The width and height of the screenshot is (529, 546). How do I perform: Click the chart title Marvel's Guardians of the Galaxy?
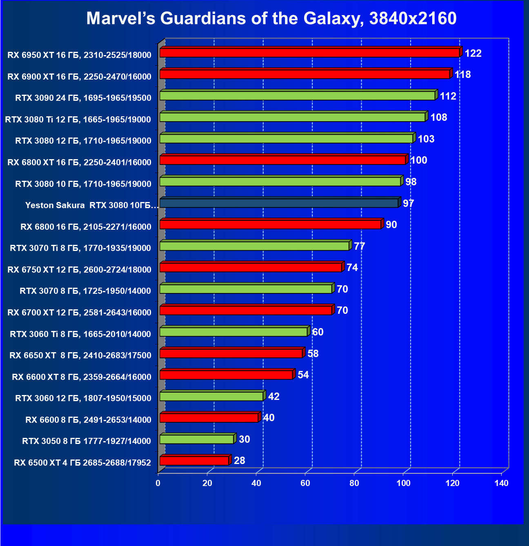(271, 18)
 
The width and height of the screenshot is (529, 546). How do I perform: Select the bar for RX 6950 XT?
(309, 53)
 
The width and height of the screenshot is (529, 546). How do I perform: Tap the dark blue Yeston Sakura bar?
(279, 203)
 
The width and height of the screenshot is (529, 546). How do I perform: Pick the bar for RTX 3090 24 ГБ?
(297, 95)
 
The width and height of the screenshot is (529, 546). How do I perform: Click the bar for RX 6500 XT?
(194, 461)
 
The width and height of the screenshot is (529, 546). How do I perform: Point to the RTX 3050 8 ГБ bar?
(197, 439)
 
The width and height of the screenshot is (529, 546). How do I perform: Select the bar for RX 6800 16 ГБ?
(270, 224)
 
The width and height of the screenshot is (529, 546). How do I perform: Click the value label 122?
(473, 53)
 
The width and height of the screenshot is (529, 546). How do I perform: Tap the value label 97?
(408, 203)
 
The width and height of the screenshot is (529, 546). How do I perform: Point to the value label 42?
(273, 397)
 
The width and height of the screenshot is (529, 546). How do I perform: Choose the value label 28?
(239, 461)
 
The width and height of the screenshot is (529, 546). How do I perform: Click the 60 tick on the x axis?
(305, 484)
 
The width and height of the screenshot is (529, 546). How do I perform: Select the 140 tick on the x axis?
(501, 484)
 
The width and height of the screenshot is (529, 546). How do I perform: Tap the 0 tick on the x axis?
(158, 484)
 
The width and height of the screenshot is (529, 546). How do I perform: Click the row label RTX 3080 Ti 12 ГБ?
(78, 120)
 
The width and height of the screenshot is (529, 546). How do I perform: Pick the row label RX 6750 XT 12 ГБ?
(79, 270)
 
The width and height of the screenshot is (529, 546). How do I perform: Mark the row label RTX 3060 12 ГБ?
(83, 398)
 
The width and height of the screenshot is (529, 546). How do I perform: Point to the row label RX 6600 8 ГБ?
(88, 420)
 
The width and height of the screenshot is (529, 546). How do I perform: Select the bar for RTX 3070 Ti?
(254, 246)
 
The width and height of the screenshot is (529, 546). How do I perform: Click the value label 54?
(303, 375)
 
